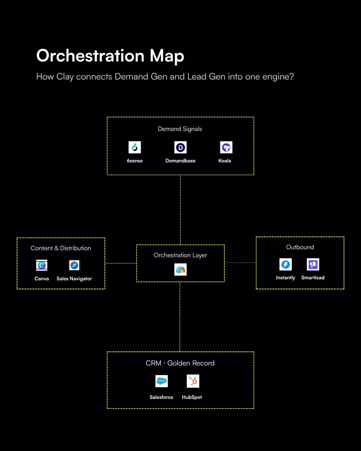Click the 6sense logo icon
tap(135, 147)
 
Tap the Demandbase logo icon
tap(180, 147)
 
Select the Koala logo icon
tap(226, 147)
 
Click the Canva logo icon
tap(42, 265)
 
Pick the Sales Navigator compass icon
tap(74, 265)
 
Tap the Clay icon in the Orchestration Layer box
tap(180, 270)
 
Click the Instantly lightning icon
tap(285, 265)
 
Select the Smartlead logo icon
tap(313, 265)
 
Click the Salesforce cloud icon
tap(161, 381)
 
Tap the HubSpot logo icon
tap(193, 381)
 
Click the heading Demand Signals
tap(180, 129)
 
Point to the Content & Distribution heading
tap(61, 248)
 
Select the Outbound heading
tap(300, 247)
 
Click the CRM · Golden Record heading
tap(180, 363)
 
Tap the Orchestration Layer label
tap(180, 255)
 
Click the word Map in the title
tap(167, 56)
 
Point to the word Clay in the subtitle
tap(65, 77)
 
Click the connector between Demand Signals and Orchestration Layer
tap(180, 210)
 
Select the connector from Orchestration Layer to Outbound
tap(240, 263)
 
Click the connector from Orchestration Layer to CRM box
tap(180, 317)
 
